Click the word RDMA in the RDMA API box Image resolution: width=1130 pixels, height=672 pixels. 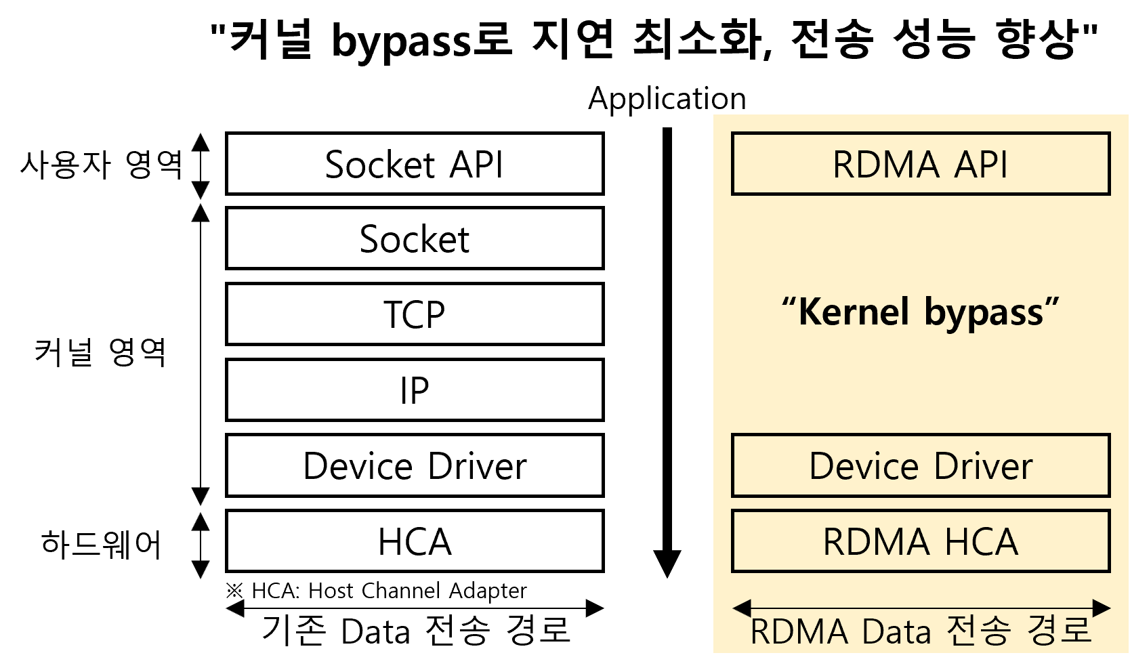886,165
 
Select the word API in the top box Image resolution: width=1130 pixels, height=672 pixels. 980,165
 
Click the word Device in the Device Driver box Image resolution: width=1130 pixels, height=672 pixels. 864,466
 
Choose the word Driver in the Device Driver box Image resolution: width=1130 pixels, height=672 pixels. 983,466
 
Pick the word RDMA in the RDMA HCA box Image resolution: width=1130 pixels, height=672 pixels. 876,542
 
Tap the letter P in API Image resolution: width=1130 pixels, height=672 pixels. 986,165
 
